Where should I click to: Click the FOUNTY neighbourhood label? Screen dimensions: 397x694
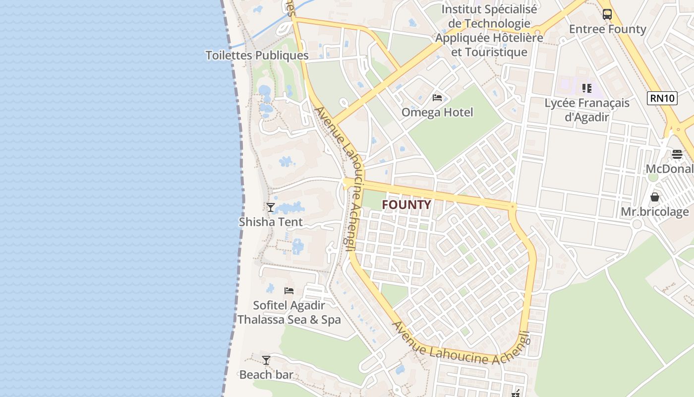(x=406, y=204)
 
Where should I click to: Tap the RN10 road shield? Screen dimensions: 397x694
(x=662, y=98)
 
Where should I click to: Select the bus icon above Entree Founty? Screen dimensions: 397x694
(x=607, y=14)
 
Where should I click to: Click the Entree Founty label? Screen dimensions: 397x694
(x=607, y=29)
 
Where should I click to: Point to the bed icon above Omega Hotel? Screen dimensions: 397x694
(x=437, y=98)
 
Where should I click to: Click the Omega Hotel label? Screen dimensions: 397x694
(x=437, y=112)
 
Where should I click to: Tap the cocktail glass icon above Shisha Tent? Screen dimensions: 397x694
(x=271, y=207)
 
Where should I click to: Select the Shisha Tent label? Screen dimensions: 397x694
(x=271, y=221)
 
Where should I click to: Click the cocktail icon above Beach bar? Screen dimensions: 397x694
(x=266, y=360)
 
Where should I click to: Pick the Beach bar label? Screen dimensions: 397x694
(x=266, y=375)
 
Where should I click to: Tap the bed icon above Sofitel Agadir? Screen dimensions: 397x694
(x=289, y=290)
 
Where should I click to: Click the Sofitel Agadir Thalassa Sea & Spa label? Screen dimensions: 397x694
(x=289, y=312)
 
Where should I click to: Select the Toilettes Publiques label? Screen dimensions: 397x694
(x=257, y=55)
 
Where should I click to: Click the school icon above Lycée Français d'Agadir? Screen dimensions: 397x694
(x=587, y=88)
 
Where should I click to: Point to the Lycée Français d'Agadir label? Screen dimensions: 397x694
(x=587, y=110)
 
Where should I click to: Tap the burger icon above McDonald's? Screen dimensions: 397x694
(x=677, y=154)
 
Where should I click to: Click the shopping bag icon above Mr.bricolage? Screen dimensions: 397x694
(x=655, y=197)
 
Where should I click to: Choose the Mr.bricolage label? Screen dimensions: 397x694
(x=655, y=212)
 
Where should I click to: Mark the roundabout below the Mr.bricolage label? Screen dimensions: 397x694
(x=637, y=224)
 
